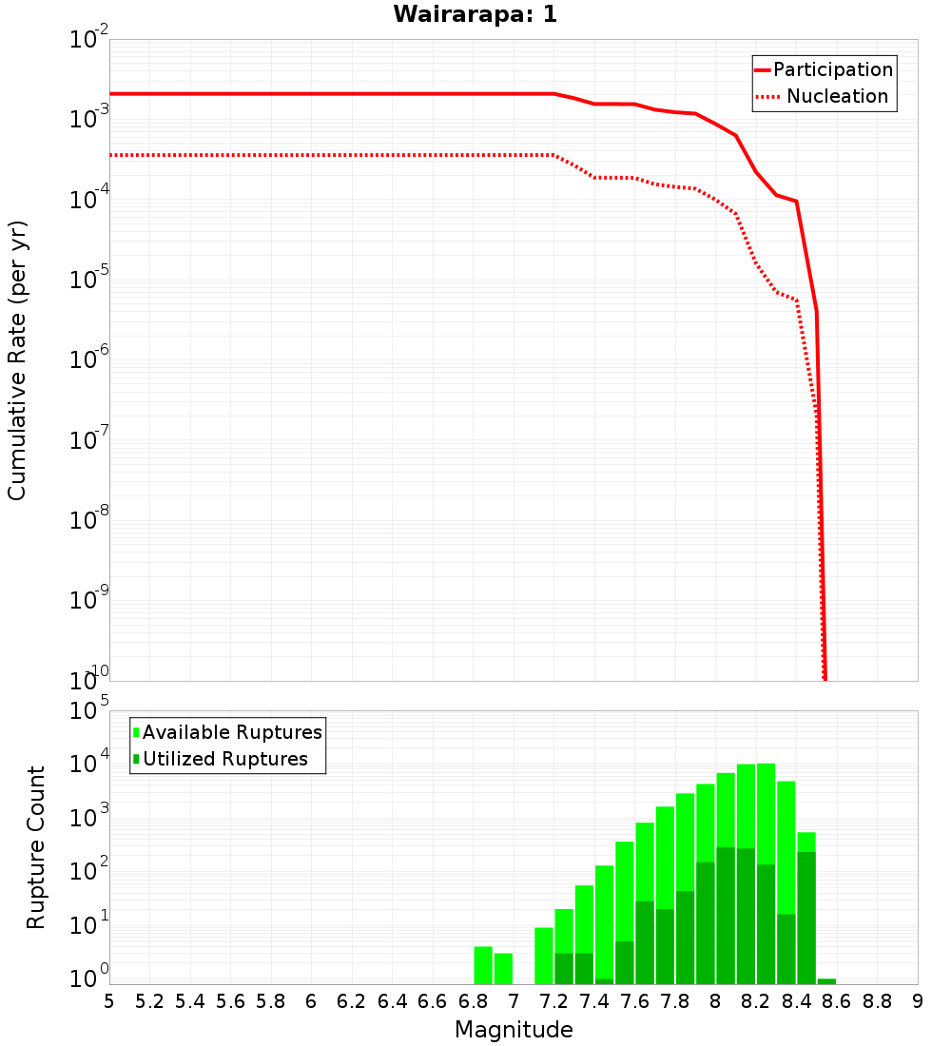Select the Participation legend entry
[824, 69]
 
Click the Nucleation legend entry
[824, 96]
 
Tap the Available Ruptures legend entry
[228, 732]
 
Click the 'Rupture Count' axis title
[36, 847]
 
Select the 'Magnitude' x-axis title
[514, 1030]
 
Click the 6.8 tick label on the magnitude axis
[473, 1001]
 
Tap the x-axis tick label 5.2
[149, 1001]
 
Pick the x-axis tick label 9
[917, 1001]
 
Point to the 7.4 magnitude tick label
[594, 1001]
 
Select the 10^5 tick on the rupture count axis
[90, 710]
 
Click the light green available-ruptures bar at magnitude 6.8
[483, 965]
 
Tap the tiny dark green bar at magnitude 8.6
[826, 981]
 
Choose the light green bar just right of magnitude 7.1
[544, 956]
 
